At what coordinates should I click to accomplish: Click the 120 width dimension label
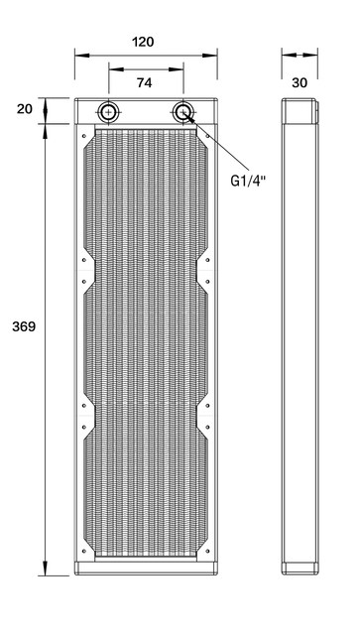click(144, 44)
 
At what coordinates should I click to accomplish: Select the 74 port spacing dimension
click(144, 84)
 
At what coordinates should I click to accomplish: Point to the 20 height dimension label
click(26, 109)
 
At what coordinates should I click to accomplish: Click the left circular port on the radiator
click(107, 111)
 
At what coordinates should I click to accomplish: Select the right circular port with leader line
click(182, 111)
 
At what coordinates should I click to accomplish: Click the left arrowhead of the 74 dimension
click(111, 70)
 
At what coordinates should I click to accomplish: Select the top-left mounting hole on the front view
click(85, 130)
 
